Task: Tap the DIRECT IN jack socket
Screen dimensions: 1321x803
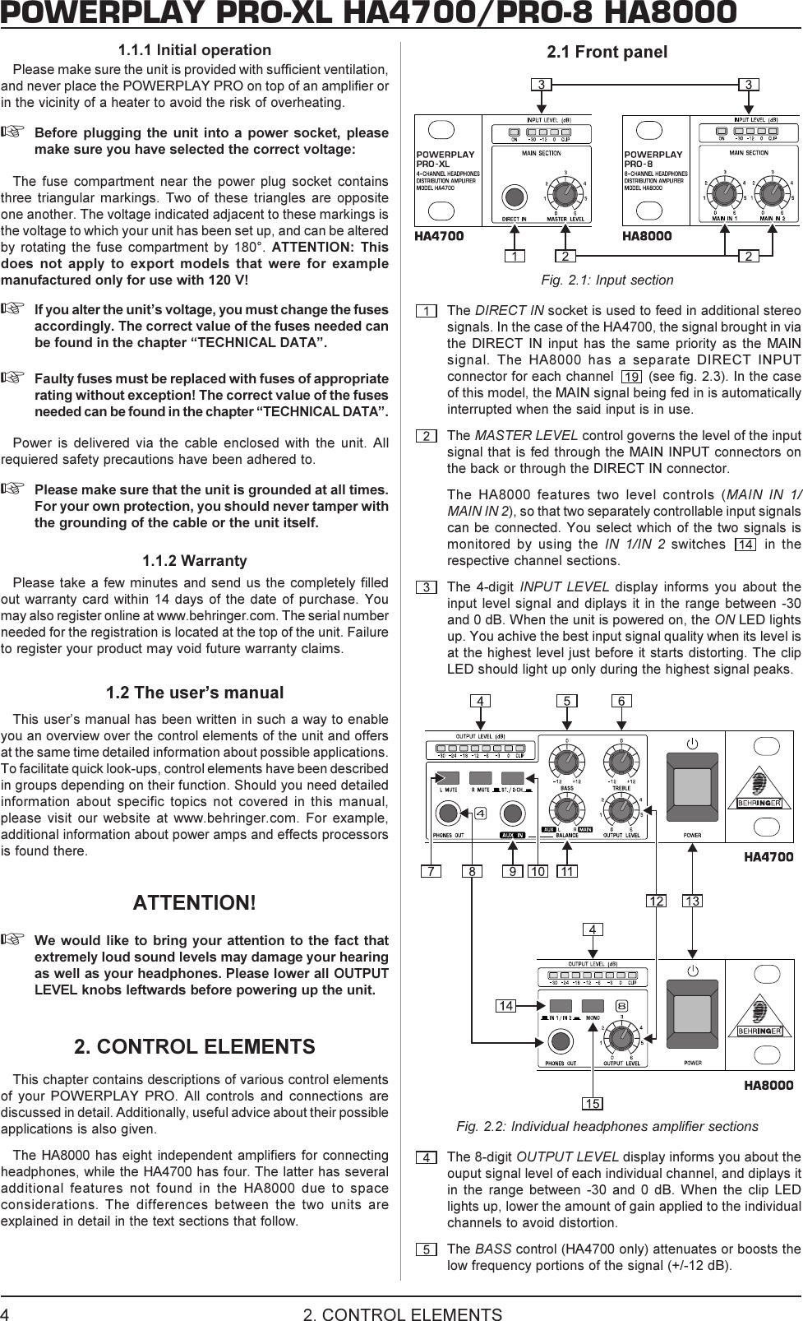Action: click(515, 196)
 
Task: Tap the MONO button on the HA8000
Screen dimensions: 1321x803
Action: click(593, 1005)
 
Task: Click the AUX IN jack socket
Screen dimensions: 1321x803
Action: click(513, 813)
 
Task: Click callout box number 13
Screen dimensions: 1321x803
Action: click(692, 902)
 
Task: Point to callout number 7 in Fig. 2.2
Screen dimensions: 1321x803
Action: click(430, 871)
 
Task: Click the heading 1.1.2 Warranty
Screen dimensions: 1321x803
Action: click(195, 561)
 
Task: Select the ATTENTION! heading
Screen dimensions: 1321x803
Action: click(195, 902)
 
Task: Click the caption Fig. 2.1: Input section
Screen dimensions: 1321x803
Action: click(607, 280)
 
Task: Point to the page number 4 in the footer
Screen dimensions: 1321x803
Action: click(6, 1314)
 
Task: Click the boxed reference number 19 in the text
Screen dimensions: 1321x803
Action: click(630, 377)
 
